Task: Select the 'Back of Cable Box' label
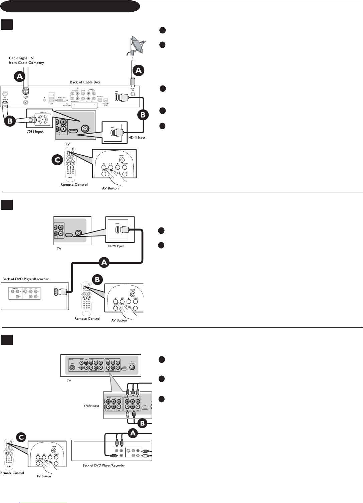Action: (x=85, y=82)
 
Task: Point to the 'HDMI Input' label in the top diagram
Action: (x=137, y=138)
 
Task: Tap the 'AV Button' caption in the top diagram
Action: (x=110, y=188)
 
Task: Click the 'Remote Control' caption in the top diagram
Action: (x=74, y=185)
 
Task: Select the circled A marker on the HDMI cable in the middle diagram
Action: (x=105, y=263)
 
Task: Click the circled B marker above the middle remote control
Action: (x=97, y=280)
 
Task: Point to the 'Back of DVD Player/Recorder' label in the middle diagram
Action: (x=26, y=279)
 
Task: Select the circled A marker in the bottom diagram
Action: (x=133, y=433)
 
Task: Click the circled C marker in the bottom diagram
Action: (x=21, y=436)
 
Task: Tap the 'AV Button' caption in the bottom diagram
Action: (x=44, y=476)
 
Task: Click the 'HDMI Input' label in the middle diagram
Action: (x=116, y=246)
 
